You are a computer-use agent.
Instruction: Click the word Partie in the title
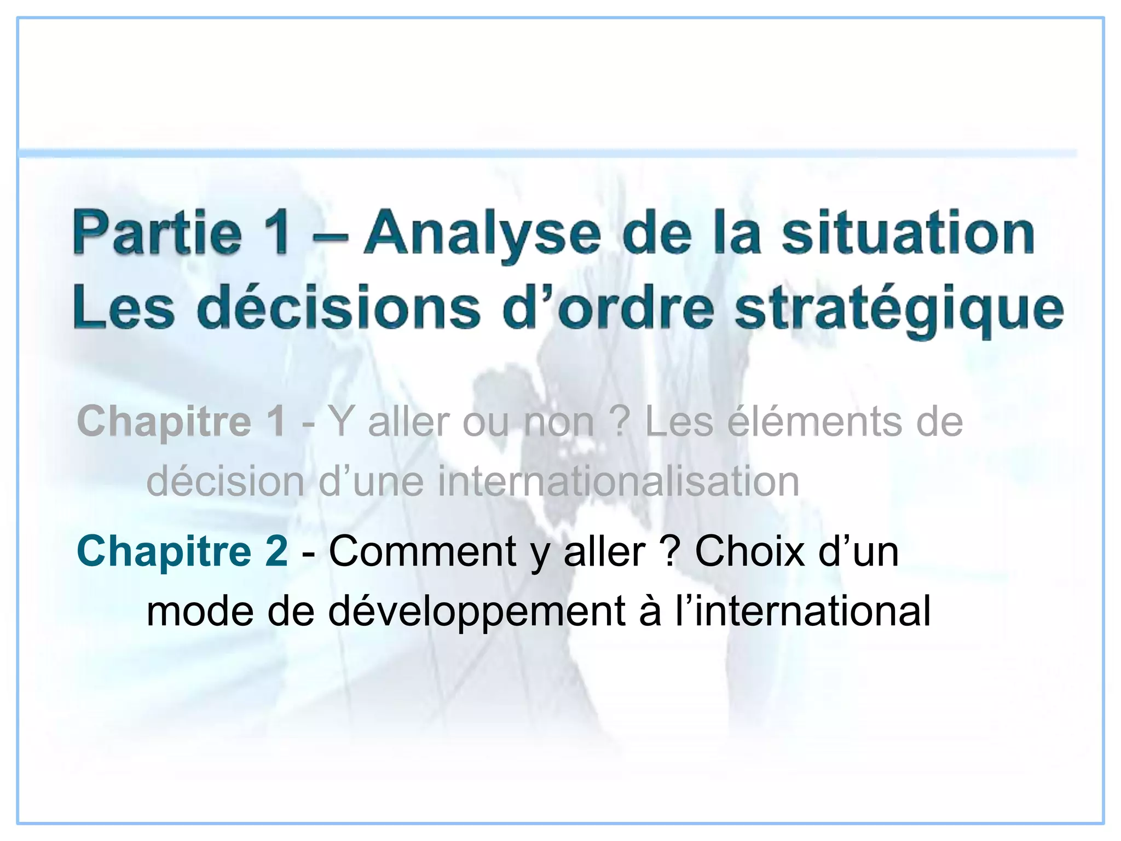[158, 234]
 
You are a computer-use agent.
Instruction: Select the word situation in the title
[908, 234]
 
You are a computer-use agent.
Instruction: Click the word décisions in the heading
[339, 308]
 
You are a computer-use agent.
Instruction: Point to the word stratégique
[899, 309]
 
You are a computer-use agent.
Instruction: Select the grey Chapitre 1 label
[181, 422]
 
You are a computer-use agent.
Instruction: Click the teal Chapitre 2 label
[182, 551]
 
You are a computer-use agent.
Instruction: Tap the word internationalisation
[619, 482]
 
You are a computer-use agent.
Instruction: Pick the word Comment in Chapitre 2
[422, 551]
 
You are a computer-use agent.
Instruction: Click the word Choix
[749, 551]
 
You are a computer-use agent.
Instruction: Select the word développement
[477, 612]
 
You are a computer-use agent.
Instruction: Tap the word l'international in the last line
[802, 612]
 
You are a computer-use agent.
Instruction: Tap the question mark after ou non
[620, 422]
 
